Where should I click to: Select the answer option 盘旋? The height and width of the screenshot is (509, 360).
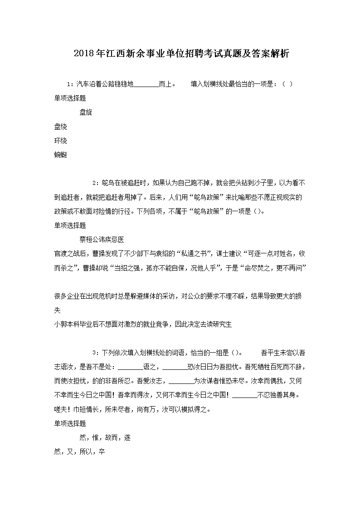pyautogui.click(x=86, y=112)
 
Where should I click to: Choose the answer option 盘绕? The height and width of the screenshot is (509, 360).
pyautogui.click(x=60, y=126)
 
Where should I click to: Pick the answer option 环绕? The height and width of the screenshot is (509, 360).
pyautogui.click(x=60, y=141)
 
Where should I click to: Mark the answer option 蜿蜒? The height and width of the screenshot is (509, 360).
pyautogui.click(x=60, y=155)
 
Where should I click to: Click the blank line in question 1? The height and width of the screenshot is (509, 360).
pyautogui.click(x=147, y=84)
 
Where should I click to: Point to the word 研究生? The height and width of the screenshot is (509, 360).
pyautogui.click(x=222, y=324)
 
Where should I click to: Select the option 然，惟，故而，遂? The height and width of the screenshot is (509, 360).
pyautogui.click(x=105, y=437)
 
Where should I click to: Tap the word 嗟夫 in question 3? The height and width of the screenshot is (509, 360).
pyautogui.click(x=60, y=409)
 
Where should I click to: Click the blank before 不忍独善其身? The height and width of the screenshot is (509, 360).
pyautogui.click(x=244, y=395)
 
